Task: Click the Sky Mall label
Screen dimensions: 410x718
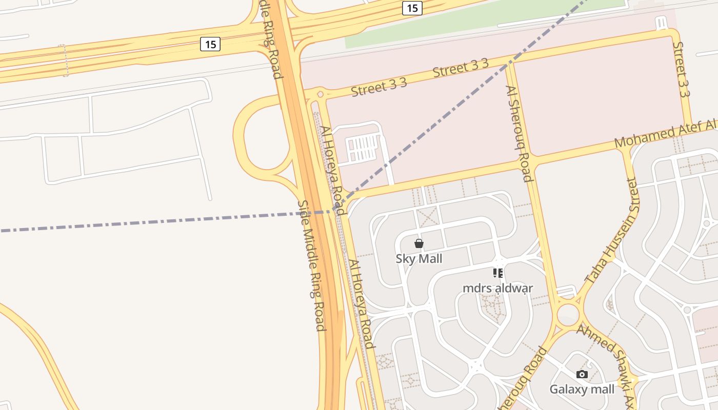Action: coord(418,259)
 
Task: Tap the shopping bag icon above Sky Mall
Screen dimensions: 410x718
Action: coord(419,243)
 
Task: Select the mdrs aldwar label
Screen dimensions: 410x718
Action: coord(497,288)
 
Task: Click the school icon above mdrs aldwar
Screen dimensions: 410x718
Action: coord(497,273)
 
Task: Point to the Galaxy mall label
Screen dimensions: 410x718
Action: coord(582,389)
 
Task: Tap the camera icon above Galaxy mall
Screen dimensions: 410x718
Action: coord(582,374)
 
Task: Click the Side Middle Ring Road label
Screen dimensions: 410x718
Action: coord(311,265)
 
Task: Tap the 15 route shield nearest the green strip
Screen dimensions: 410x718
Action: coord(412,8)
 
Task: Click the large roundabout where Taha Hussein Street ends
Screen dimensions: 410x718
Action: coord(568,313)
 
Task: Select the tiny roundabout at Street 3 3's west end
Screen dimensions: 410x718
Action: coord(320,94)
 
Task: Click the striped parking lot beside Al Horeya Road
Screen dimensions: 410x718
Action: coord(363,148)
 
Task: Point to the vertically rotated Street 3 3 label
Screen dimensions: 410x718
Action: coord(681,69)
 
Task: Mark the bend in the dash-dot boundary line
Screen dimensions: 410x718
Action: coord(335,211)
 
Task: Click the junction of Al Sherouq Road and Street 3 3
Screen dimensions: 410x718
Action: coord(509,65)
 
